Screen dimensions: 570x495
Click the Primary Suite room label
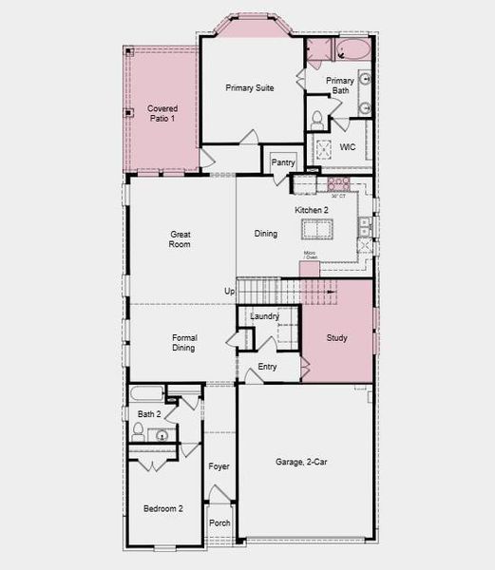pyautogui.click(x=250, y=87)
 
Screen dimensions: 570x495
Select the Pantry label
pyautogui.click(x=283, y=163)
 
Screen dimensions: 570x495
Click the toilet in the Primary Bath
pyautogui.click(x=316, y=119)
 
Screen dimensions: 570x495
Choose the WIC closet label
pyautogui.click(x=348, y=147)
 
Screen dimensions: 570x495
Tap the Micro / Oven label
pyautogui.click(x=310, y=256)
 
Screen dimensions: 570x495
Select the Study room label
pyautogui.click(x=337, y=338)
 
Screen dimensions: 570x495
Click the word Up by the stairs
pyautogui.click(x=229, y=291)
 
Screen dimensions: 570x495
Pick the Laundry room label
pyautogui.click(x=264, y=316)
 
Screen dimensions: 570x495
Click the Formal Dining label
pyautogui.click(x=183, y=343)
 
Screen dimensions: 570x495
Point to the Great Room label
pyautogui.click(x=180, y=239)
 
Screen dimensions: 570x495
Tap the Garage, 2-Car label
pyautogui.click(x=302, y=462)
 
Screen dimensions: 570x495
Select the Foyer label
pyautogui.click(x=219, y=466)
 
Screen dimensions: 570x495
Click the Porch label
pyautogui.click(x=219, y=523)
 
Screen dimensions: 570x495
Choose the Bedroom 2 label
pyautogui.click(x=163, y=509)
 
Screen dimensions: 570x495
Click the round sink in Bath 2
pyautogui.click(x=162, y=435)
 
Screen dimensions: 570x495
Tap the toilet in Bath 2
pyautogui.click(x=138, y=432)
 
